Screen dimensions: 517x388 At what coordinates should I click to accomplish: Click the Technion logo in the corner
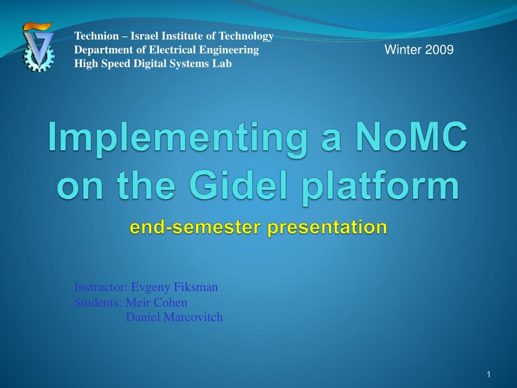click(38, 47)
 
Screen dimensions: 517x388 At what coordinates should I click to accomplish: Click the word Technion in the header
click(96, 36)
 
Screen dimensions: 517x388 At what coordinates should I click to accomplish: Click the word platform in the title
click(381, 188)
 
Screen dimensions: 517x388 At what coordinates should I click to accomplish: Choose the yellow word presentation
click(327, 228)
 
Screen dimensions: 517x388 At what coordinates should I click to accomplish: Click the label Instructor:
click(101, 287)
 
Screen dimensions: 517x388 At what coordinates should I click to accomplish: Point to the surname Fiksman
click(196, 287)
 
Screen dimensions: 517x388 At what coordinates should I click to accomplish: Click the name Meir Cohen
click(157, 302)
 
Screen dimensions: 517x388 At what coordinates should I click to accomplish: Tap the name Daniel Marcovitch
click(174, 317)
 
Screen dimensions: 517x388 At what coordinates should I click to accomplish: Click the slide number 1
click(489, 374)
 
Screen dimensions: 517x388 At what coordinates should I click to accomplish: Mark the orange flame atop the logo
click(37, 26)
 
